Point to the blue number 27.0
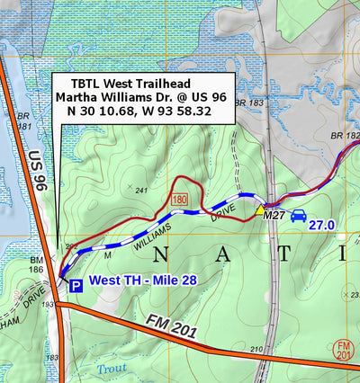pos(322,225)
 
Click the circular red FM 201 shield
pos(343,348)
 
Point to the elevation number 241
pos(140,191)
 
